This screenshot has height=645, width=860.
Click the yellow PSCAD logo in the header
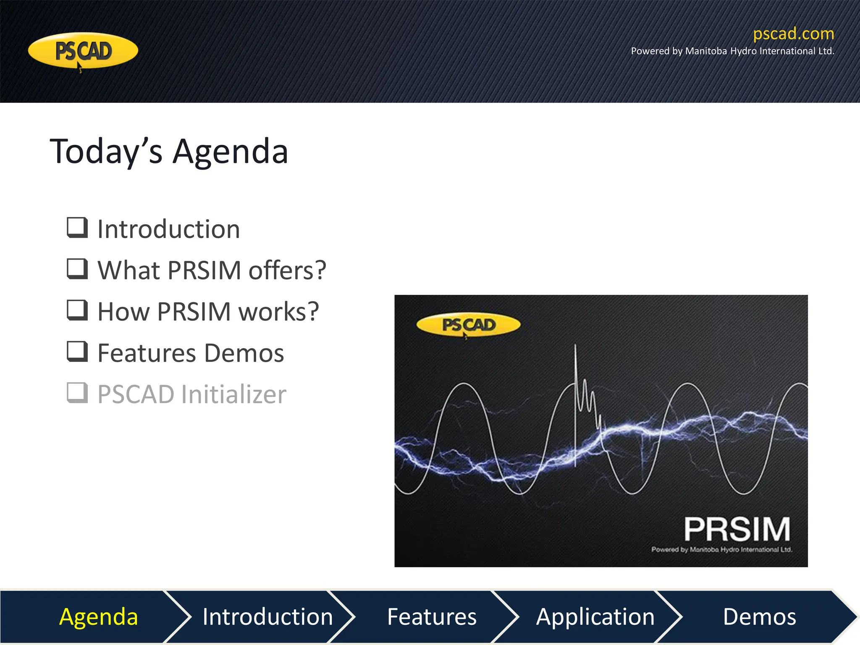[83, 51]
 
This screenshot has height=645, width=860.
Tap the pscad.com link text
[793, 34]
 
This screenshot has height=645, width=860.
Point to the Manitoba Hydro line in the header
[732, 51]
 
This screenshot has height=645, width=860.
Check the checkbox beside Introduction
[78, 228]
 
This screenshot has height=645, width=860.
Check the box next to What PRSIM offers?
[78, 269]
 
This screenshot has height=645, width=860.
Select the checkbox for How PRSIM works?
[78, 310]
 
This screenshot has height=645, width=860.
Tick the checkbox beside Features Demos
[78, 351]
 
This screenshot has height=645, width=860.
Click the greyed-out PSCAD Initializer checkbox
[78, 393]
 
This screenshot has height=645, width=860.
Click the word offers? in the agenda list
[287, 270]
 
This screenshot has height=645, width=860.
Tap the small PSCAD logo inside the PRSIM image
[468, 325]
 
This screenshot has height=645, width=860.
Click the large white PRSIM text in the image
[737, 529]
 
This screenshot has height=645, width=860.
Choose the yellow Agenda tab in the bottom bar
[99, 616]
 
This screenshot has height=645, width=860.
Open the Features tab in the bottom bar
[432, 616]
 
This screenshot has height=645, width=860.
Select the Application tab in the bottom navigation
[595, 616]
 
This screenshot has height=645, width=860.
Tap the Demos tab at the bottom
[759, 616]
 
